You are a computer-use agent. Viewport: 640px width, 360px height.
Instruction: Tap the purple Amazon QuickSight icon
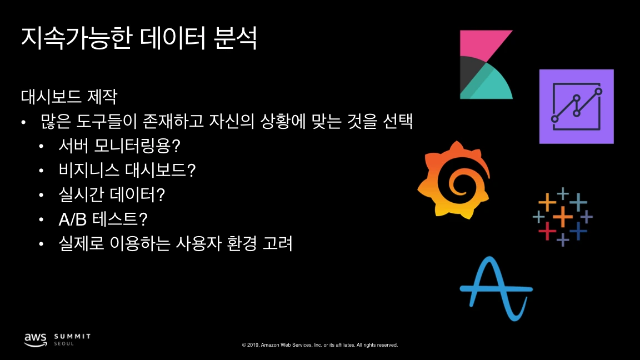(576, 106)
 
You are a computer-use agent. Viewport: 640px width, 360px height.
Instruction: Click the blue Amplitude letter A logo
(496, 288)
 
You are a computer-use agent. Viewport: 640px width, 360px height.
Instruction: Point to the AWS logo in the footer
(35, 339)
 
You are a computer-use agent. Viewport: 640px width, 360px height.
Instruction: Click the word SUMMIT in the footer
(73, 336)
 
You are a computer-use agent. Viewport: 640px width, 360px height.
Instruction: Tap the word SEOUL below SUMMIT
(64, 344)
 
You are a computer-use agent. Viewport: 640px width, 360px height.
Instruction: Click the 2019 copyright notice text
(320, 345)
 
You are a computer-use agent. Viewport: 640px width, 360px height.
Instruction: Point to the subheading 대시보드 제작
(69, 97)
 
